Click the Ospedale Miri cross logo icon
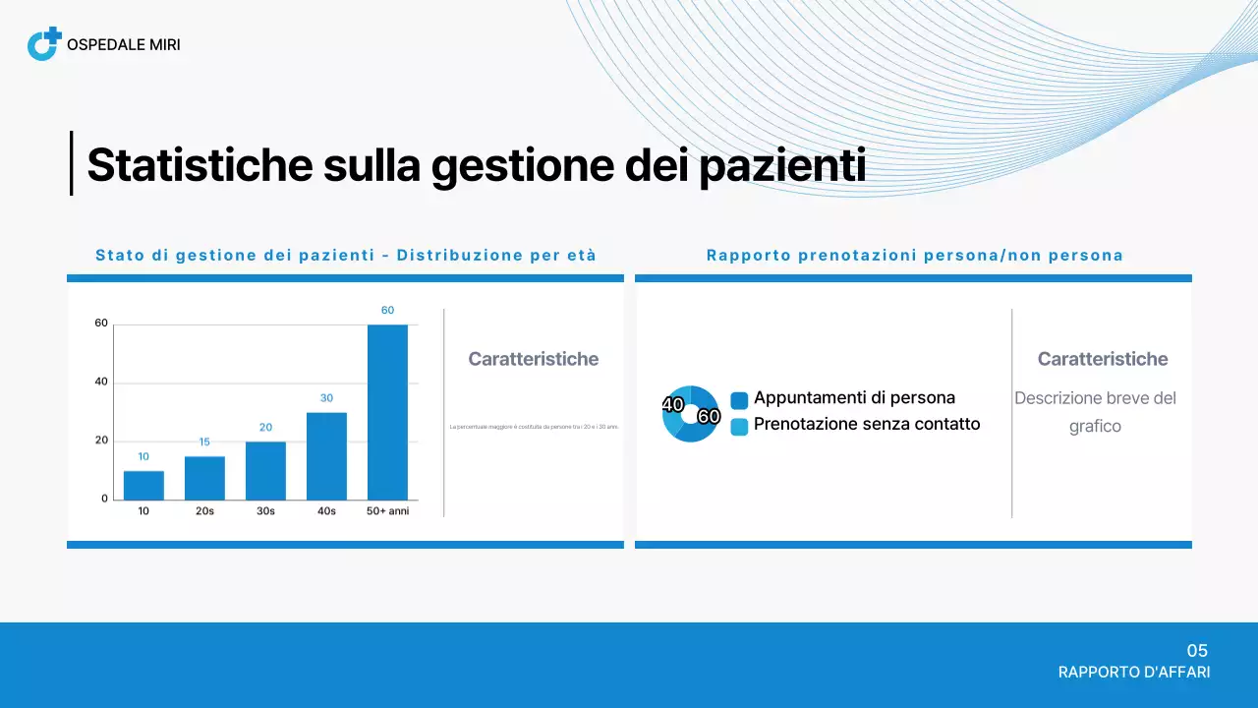44,44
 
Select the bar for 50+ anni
387,412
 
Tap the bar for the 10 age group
143,485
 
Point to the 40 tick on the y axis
101,383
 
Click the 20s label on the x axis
204,511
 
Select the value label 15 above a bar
204,442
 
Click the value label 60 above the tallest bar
387,310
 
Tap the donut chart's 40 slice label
673,404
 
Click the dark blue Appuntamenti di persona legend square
739,400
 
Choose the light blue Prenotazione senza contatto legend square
739,427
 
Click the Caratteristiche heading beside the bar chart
533,359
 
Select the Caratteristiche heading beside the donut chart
1103,359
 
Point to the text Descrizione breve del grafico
1095,412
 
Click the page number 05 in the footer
1197,650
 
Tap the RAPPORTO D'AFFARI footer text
1134,673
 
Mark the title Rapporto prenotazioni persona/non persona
914,256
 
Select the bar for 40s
326,455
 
